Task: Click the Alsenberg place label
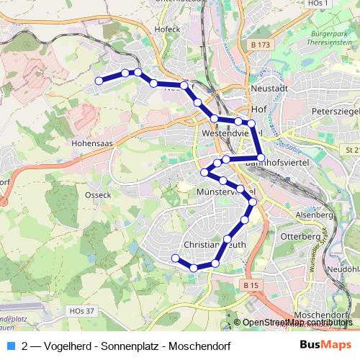(x=315, y=215)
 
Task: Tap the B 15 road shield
(x=251, y=286)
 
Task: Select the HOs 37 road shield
(x=82, y=310)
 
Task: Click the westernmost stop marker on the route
(x=99, y=80)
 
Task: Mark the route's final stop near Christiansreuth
(x=175, y=258)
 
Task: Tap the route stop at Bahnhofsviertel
(x=261, y=157)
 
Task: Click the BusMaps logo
(x=326, y=344)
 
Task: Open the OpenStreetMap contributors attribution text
(x=298, y=322)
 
